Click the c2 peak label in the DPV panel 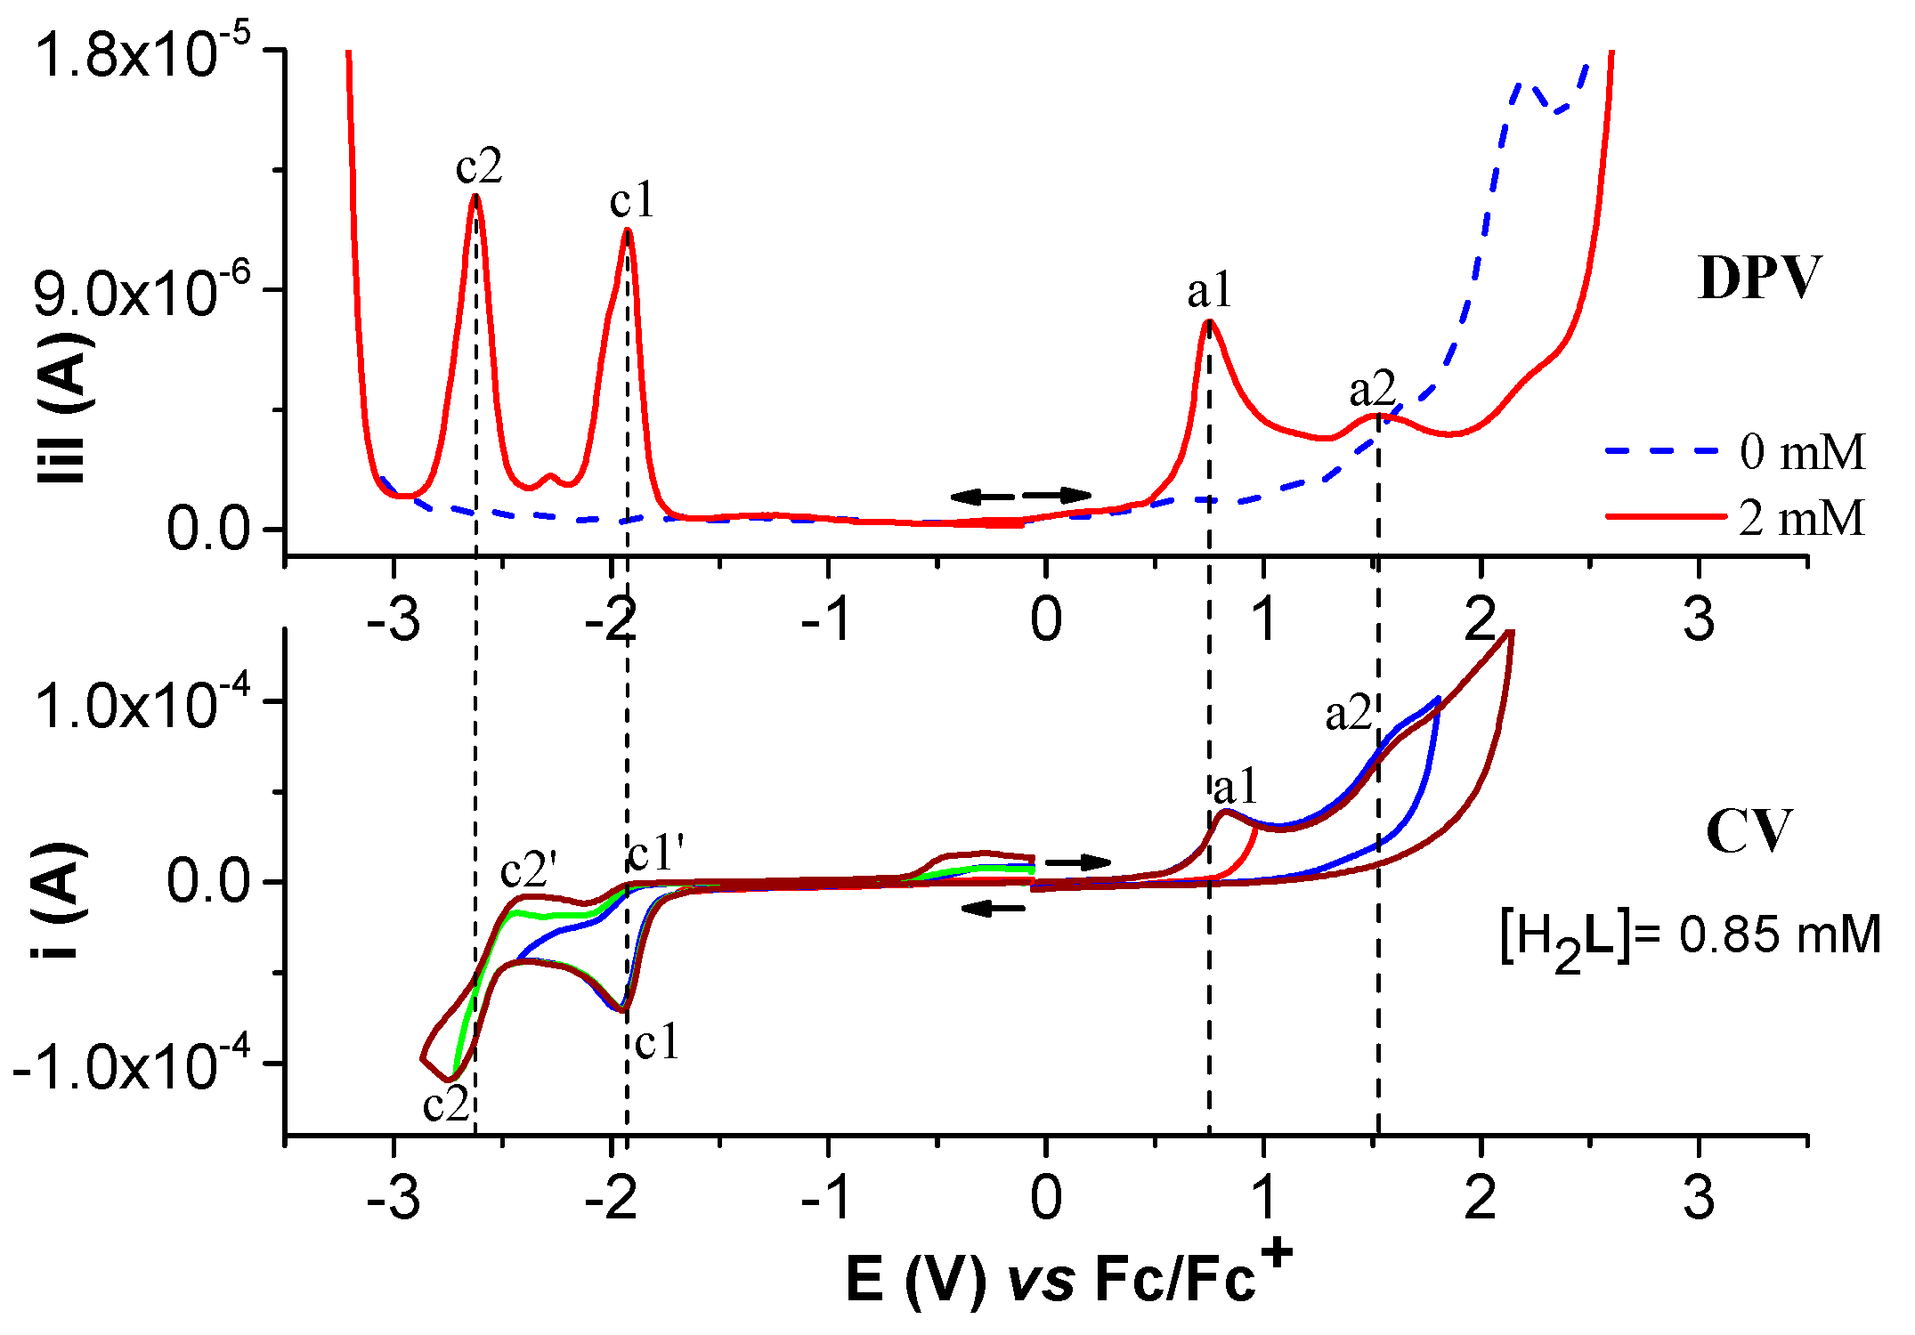479,166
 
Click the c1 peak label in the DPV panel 632,200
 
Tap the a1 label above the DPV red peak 1210,290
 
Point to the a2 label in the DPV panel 1372,389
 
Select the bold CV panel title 1748,832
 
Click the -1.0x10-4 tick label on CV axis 116,1065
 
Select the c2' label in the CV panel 529,870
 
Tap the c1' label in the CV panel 656,854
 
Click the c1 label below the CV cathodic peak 657,1041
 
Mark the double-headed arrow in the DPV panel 1021,496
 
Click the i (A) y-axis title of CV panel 61,899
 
